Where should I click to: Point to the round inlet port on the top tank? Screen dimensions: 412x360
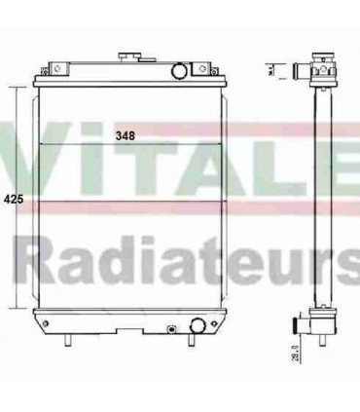[180, 71]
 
